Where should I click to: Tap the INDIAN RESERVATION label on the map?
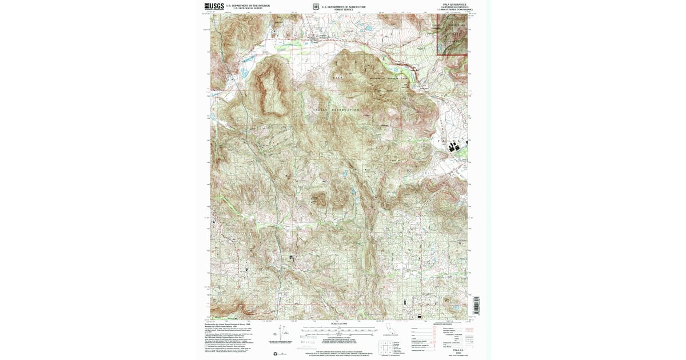(337, 110)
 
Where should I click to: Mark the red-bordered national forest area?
(453, 35)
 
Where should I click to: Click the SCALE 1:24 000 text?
(339, 323)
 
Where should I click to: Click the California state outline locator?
(391, 331)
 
